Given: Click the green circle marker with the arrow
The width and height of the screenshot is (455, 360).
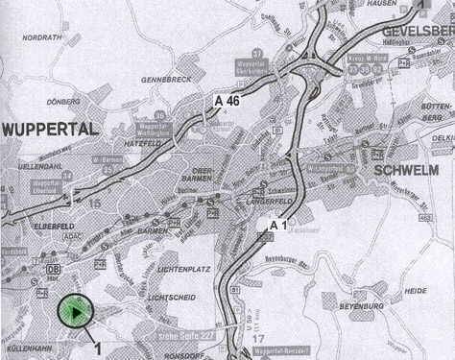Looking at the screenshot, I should pyautogui.click(x=75, y=311).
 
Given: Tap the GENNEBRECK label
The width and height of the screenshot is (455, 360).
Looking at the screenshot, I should pyautogui.click(x=166, y=79).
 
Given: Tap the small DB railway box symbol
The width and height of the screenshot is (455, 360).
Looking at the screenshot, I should pyautogui.click(x=54, y=269).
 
